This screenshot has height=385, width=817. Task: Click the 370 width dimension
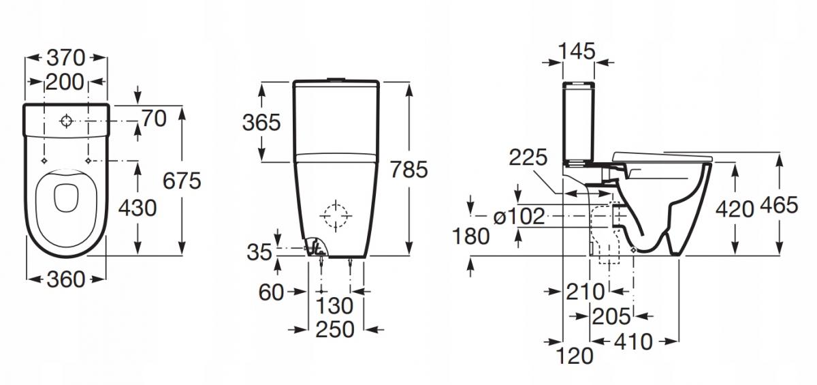click(66, 58)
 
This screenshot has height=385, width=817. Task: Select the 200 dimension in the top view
click(65, 82)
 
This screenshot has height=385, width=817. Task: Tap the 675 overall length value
click(182, 181)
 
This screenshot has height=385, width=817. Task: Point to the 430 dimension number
click(138, 208)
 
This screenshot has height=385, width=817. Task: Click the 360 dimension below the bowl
click(66, 279)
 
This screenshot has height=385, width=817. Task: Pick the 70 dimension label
click(154, 119)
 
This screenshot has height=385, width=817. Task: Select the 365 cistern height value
click(261, 122)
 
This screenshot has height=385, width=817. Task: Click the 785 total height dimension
click(408, 169)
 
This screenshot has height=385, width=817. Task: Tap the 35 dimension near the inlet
click(259, 252)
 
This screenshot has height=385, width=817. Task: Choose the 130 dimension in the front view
click(334, 306)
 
